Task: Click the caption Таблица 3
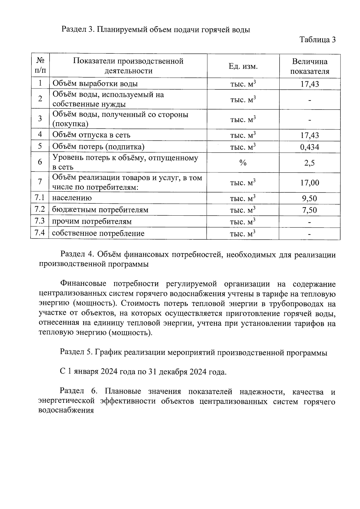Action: point(317,40)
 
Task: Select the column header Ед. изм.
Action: point(243,66)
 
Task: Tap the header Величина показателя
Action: point(310,66)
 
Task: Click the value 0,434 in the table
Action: point(310,147)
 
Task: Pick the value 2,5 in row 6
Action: point(310,163)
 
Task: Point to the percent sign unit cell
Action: point(243,163)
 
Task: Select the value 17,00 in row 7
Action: point(310,182)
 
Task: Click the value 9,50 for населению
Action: point(310,198)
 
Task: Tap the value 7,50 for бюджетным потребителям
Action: point(310,210)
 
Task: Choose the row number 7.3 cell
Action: point(40,221)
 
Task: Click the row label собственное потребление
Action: point(98,233)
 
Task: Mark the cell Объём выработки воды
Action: point(95,84)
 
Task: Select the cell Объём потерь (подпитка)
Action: point(98,147)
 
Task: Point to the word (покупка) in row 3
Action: point(70,124)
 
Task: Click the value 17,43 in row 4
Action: point(310,135)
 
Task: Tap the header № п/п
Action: point(40,66)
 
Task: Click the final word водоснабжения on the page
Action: point(66,410)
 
